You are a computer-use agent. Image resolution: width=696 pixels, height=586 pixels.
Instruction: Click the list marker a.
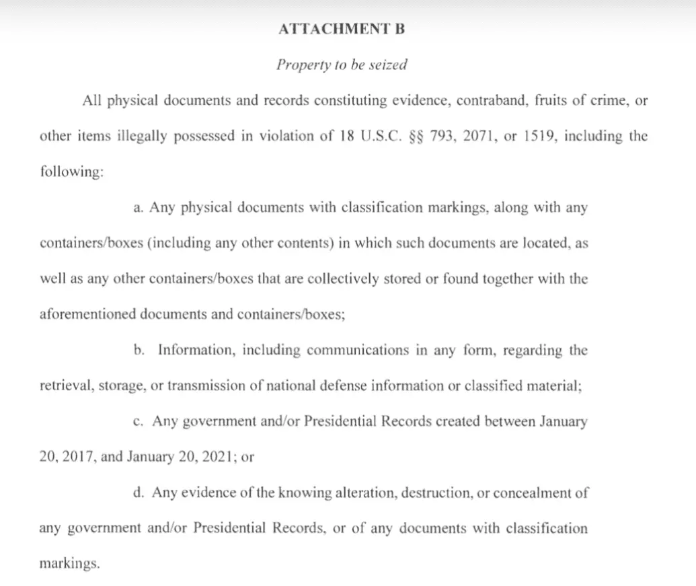tap(139, 208)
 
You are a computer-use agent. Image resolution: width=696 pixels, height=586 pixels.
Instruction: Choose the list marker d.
tap(139, 492)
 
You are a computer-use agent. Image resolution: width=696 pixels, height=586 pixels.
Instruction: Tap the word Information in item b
tap(196, 351)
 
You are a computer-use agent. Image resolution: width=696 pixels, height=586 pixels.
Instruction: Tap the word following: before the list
tap(71, 172)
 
